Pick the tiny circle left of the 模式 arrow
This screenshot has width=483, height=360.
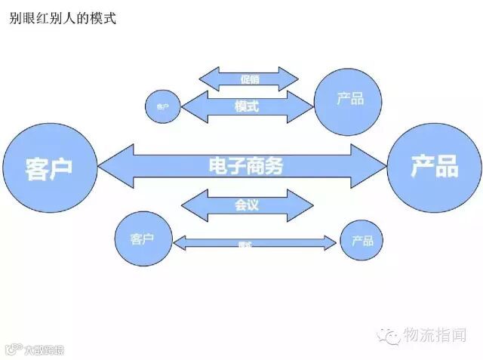tap(162, 107)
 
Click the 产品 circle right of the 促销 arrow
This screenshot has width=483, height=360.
tap(349, 99)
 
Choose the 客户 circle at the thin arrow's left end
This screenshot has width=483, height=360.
tap(143, 240)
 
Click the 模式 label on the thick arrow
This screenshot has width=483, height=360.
tap(247, 106)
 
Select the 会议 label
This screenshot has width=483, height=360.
tap(248, 205)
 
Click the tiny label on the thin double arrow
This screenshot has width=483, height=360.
tap(245, 244)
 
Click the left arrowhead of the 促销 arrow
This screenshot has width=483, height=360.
tap(208, 78)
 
